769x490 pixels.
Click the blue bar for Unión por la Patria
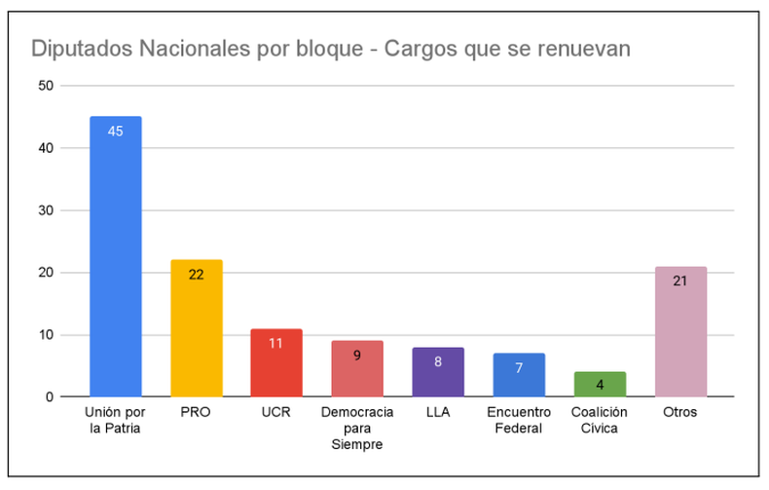(x=115, y=257)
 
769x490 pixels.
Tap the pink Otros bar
(x=680, y=331)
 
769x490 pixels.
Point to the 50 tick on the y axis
(x=45, y=86)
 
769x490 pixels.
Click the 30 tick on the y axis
(x=45, y=210)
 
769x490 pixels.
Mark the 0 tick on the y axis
(x=49, y=397)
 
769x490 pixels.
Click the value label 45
(x=115, y=131)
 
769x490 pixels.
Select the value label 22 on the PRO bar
(x=196, y=275)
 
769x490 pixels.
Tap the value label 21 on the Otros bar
(x=680, y=281)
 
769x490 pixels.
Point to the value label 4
(x=600, y=385)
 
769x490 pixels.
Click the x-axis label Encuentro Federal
(x=519, y=419)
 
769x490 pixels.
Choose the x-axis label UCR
(x=276, y=412)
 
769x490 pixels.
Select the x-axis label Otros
(x=680, y=412)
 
